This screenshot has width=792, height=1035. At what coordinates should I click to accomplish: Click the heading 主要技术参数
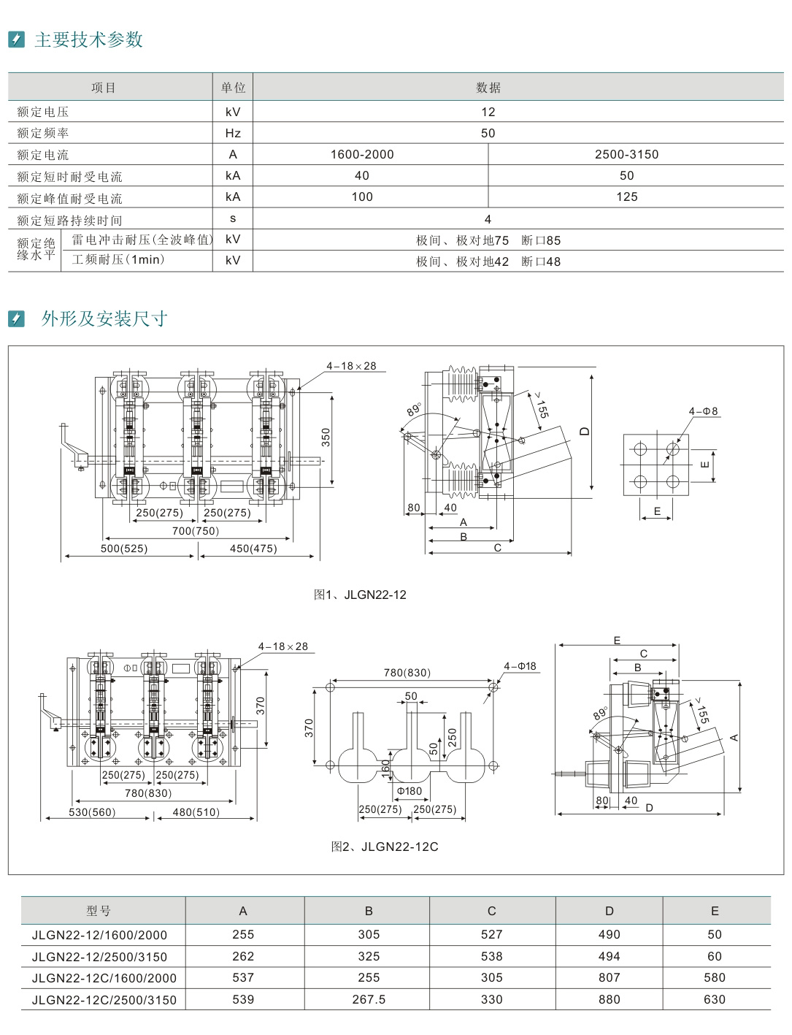[x=88, y=39]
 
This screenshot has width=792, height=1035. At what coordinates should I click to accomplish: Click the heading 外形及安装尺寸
[x=104, y=318]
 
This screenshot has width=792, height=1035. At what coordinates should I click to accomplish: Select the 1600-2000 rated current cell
[x=362, y=154]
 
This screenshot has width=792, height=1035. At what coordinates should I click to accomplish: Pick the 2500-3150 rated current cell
[x=626, y=154]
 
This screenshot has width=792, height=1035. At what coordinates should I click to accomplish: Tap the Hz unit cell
[x=233, y=133]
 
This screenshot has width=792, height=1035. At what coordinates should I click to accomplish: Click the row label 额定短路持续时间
[x=70, y=220]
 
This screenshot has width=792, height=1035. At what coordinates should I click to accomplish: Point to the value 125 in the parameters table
[x=626, y=196]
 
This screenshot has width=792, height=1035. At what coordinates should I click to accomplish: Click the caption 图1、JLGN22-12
[x=360, y=595]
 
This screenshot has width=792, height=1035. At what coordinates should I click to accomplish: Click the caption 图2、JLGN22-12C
[x=385, y=847]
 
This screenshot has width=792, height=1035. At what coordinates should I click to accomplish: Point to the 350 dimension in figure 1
[x=326, y=437]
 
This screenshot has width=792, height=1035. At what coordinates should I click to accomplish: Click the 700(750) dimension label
[x=196, y=531]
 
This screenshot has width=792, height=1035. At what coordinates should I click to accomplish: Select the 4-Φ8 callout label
[x=704, y=411]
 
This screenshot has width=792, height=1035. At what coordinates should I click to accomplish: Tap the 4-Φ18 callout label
[x=520, y=666]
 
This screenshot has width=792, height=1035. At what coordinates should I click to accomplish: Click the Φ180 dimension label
[x=410, y=791]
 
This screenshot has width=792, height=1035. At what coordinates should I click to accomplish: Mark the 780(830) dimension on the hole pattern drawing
[x=407, y=673]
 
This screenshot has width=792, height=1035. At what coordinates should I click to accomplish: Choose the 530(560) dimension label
[x=92, y=811]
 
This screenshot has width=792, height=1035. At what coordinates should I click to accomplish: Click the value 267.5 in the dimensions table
[x=369, y=999]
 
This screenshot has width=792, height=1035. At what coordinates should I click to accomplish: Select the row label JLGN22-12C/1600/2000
[x=104, y=978]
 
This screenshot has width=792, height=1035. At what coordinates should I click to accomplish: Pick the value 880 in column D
[x=609, y=999]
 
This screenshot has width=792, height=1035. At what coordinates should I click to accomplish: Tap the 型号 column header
[x=99, y=911]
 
